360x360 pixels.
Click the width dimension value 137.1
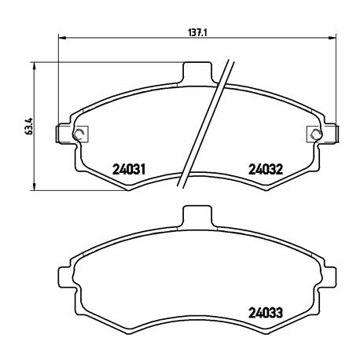pyautogui.click(x=196, y=33)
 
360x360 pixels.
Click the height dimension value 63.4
pyautogui.click(x=28, y=125)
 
